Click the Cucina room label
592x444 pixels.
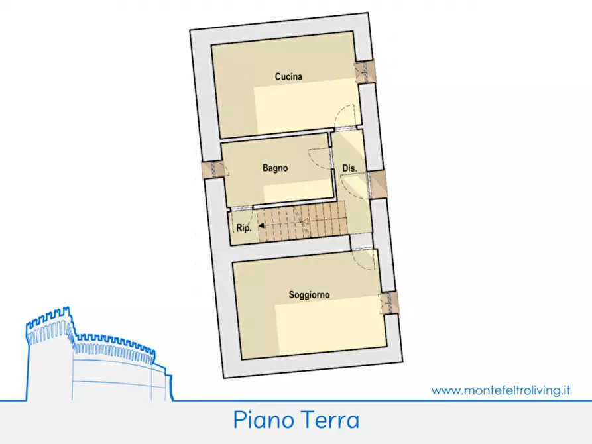coord(288,77)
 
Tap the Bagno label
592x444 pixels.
coord(274,168)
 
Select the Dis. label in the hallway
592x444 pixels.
coord(349,169)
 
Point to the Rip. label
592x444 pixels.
coord(242,229)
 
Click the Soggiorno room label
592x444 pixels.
coord(309,294)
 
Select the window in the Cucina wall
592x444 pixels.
coord(364,72)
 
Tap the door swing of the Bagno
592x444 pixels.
coord(321,159)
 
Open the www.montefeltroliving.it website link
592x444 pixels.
coord(501,390)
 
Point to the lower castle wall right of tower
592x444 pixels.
coord(119,371)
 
